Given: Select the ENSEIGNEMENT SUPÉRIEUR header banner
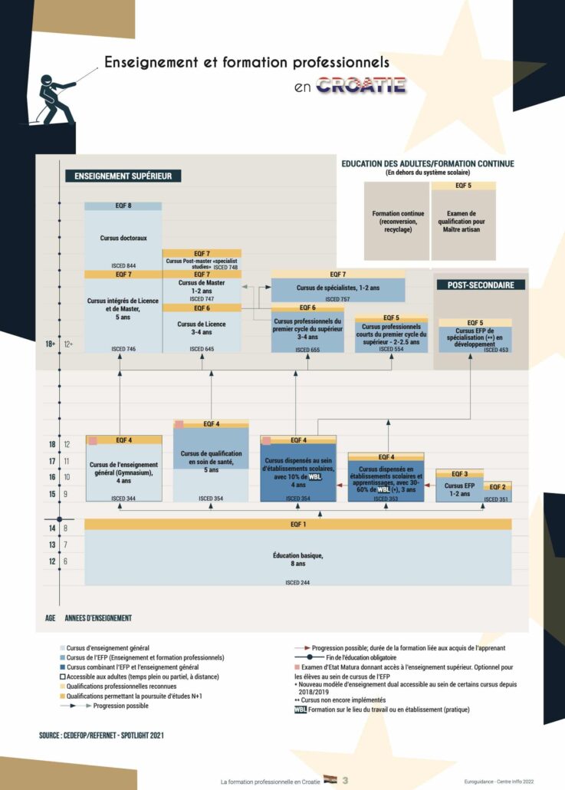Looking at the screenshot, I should click(123, 176).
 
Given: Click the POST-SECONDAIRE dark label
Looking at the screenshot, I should click(481, 285).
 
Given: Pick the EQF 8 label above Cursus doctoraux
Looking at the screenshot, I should click(123, 206).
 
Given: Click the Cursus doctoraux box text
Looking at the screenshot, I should click(123, 238).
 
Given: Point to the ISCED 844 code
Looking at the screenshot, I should click(123, 265).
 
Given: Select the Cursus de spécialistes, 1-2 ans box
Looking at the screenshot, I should click(338, 288).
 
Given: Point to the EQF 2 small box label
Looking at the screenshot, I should click(498, 487).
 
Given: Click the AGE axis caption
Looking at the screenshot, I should click(51, 617).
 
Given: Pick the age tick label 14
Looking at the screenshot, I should click(51, 528).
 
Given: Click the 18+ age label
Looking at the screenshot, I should click(51, 344).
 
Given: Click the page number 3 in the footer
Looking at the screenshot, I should click(345, 780).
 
